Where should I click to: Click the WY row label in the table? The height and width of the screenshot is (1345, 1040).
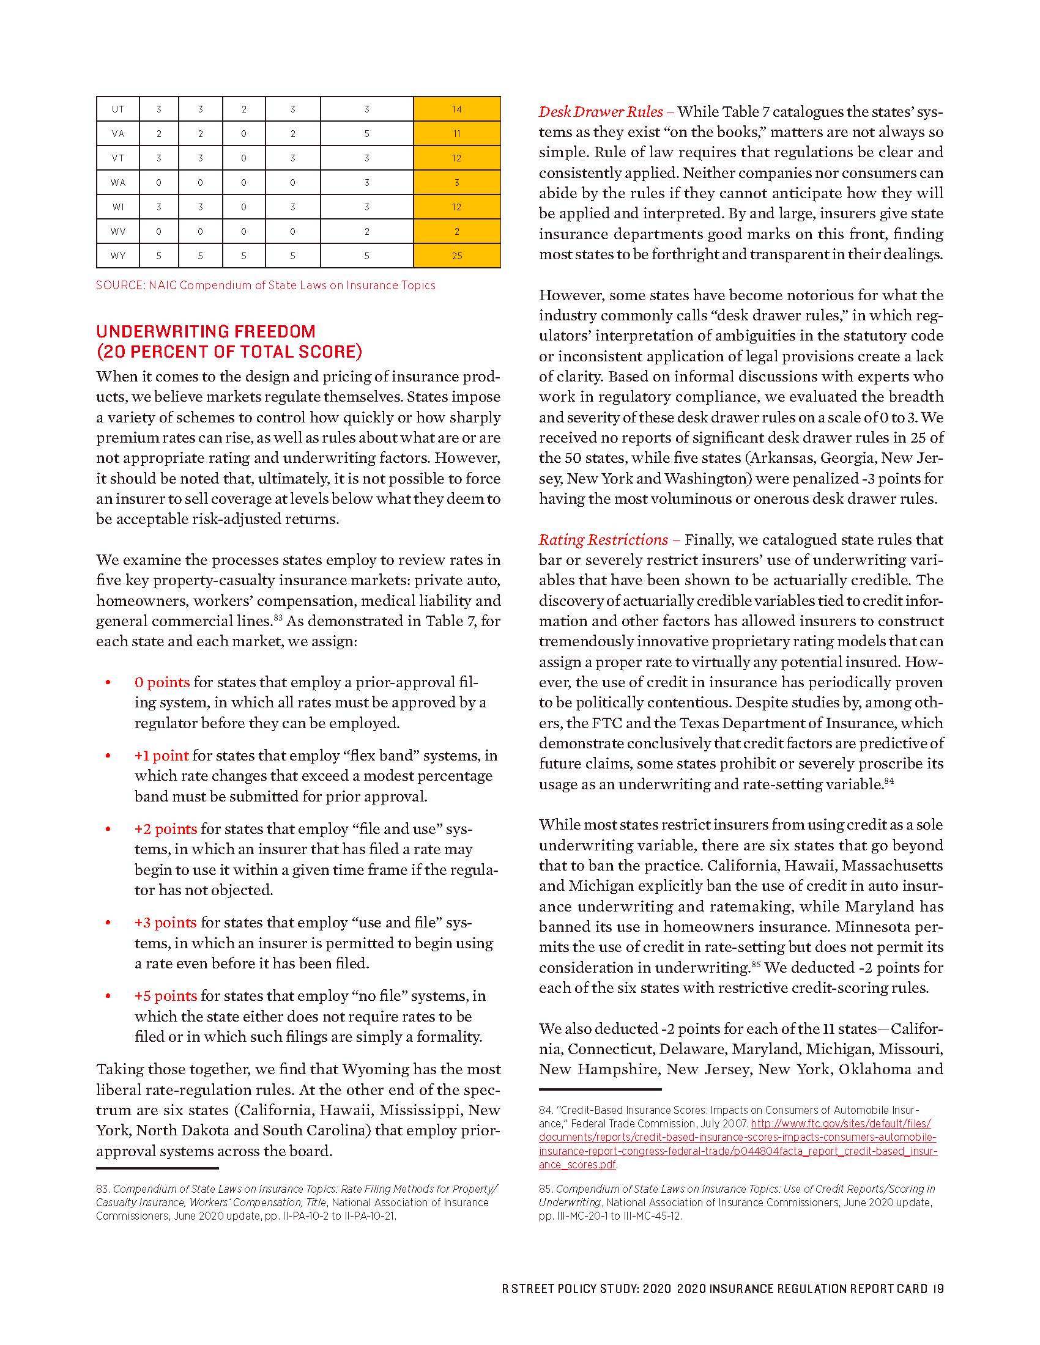pos(117,256)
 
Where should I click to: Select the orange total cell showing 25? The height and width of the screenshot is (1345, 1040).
pos(456,256)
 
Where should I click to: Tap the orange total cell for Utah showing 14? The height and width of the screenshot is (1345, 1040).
pos(456,109)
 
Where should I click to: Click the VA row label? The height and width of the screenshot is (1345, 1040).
pos(117,134)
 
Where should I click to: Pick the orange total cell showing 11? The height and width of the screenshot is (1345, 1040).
pos(456,134)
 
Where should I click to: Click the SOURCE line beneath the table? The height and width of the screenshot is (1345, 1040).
pos(266,285)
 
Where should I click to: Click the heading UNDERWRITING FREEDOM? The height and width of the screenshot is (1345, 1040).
pos(206,331)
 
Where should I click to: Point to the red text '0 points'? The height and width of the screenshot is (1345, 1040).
pos(162,682)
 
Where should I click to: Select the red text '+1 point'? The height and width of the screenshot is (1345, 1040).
pos(162,756)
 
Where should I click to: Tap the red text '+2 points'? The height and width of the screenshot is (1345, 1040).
pos(166,829)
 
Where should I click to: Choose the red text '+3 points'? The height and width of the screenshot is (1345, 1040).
pos(166,923)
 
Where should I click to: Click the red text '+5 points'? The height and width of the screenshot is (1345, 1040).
pos(166,996)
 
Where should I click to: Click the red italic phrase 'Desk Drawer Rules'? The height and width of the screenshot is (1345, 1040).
pos(601,111)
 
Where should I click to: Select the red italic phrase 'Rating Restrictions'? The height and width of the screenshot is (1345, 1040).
pos(603,539)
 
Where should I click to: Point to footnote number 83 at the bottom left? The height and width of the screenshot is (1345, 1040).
pos(102,1189)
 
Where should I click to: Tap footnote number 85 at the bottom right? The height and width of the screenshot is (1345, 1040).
pos(545,1189)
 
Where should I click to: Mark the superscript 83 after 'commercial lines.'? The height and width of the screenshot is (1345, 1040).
pos(278,617)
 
